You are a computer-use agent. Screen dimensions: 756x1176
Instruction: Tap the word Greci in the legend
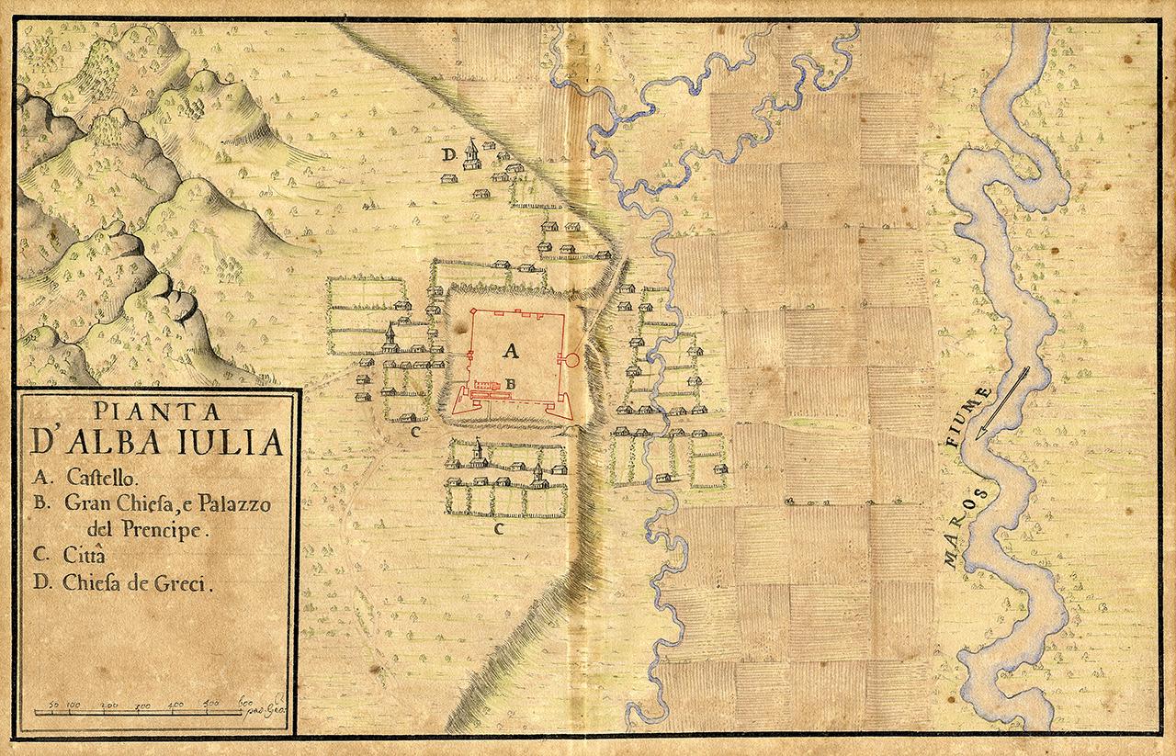click(x=185, y=582)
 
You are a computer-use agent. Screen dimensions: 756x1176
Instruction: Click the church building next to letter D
click(x=470, y=152)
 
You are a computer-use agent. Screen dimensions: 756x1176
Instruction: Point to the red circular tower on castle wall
click(x=570, y=359)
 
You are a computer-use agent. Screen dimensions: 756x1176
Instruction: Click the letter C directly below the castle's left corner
click(x=415, y=430)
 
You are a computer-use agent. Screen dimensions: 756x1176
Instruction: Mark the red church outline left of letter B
click(x=486, y=383)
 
